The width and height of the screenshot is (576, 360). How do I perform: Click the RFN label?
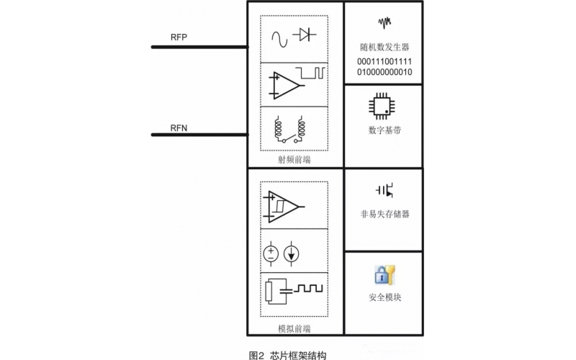pos(179,127)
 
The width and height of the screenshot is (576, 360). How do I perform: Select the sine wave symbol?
pos(277,35)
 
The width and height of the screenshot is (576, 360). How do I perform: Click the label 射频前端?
pos(294,159)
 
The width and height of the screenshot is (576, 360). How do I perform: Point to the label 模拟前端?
pos(294,328)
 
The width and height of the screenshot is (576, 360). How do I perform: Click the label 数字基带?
pos(384,130)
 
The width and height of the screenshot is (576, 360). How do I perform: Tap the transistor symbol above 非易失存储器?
pos(384,189)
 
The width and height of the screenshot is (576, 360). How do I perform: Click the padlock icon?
pos(383,274)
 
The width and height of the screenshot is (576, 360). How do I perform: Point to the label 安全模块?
pos(384,297)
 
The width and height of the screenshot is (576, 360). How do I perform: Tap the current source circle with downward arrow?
pos(292,253)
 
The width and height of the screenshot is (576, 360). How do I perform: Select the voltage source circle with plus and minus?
pos(272,253)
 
